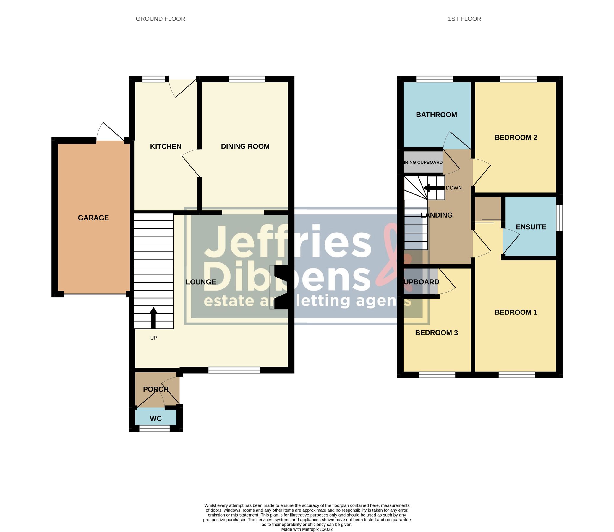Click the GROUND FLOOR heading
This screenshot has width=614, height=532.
click(x=160, y=19)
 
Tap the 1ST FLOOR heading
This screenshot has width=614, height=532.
click(x=464, y=19)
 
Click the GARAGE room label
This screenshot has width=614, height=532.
click(x=93, y=218)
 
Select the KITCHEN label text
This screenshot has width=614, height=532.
click(x=166, y=146)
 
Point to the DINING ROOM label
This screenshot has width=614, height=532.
click(x=245, y=146)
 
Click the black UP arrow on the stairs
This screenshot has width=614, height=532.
click(x=153, y=318)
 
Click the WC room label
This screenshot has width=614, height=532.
click(x=155, y=419)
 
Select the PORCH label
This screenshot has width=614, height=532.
click(x=155, y=389)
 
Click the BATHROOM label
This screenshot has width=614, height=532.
click(x=436, y=115)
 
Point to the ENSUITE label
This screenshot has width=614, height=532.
click(x=531, y=227)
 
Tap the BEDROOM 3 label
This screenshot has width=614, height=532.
click(x=436, y=333)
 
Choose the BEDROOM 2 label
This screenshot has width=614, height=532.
click(x=516, y=137)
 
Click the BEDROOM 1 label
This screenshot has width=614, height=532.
click(x=516, y=312)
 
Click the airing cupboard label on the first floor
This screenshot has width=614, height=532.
click(x=423, y=162)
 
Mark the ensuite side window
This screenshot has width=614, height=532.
click(x=559, y=217)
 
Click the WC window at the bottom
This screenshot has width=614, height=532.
click(x=154, y=428)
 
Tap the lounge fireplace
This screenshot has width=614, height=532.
click(x=281, y=287)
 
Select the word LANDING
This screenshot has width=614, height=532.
click(x=436, y=215)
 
